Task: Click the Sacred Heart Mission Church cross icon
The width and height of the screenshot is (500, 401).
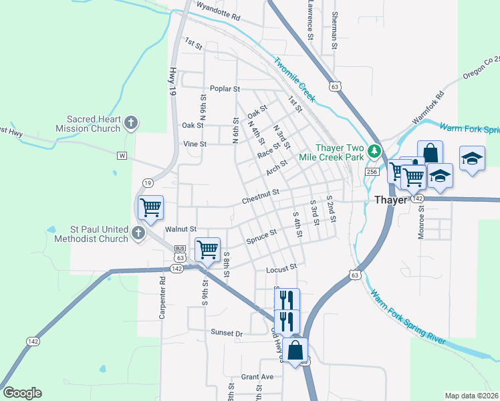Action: pos(131,123)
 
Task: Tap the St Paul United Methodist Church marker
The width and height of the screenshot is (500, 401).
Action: pos(138,233)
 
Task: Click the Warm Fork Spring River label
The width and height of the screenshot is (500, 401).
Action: pos(408,316)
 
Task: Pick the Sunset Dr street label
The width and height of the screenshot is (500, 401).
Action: pos(227,333)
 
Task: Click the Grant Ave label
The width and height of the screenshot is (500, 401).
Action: pos(257,377)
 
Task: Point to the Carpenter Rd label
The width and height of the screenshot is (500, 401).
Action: pos(162,295)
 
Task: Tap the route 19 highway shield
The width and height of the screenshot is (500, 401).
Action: pos(148,182)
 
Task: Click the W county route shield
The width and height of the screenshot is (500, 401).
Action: pos(122,156)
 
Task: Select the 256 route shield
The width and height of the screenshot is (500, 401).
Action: pos(372,172)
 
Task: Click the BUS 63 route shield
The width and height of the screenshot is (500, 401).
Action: pos(179,254)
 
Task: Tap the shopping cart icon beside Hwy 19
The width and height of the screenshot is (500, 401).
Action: pos(150,208)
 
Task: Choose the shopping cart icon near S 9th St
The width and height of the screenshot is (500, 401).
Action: pos(207,250)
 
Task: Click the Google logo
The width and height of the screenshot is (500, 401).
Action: pos(22,393)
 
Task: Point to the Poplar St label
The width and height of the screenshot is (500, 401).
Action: pos(225,89)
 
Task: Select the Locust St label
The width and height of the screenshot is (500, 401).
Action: pos(281,268)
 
